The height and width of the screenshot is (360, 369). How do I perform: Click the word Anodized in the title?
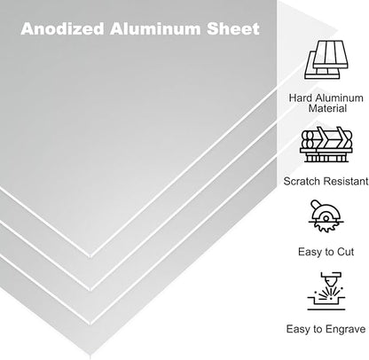(62, 28)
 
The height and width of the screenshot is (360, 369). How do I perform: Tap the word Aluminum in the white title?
(155, 28)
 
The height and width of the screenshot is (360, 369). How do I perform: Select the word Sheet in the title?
(233, 28)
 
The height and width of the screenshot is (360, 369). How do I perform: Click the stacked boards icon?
(326, 60)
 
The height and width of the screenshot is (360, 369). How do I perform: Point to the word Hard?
(301, 98)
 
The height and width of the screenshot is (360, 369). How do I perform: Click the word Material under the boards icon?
(327, 108)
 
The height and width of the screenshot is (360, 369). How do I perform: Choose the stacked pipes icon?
(326, 145)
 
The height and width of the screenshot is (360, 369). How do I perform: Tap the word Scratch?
(302, 181)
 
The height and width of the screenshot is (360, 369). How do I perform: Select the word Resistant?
(345, 181)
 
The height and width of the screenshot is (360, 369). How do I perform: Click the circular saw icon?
(326, 216)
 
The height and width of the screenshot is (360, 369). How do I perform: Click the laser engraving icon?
(326, 291)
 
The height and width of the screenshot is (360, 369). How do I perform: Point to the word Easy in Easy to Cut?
(309, 252)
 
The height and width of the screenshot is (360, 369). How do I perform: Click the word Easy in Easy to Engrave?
(296, 329)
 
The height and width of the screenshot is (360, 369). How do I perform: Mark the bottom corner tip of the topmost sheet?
(90, 255)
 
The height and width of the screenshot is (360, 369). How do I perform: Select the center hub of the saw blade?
(326, 219)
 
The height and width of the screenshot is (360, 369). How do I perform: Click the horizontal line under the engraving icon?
(326, 309)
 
